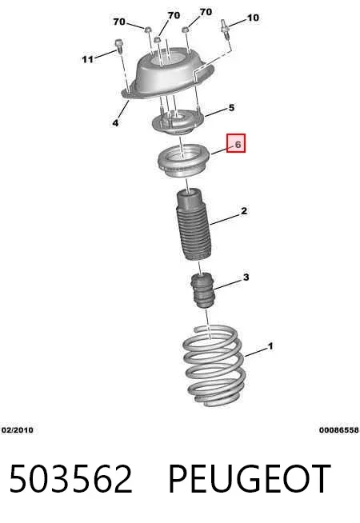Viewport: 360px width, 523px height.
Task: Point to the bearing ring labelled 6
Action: pos(183,161)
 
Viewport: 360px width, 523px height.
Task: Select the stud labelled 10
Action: pos(226,29)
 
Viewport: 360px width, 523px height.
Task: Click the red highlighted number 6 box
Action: pos(236,143)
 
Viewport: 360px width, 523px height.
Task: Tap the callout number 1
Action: pos(270,346)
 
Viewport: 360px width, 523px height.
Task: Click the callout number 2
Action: pos(244,211)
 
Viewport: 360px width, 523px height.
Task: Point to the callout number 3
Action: pos(246,277)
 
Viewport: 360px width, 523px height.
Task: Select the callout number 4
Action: pos(115,123)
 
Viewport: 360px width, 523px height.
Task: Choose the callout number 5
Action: pos(231,108)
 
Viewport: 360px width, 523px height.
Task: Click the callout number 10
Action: pos(253,18)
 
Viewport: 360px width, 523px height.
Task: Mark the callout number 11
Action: pos(87,59)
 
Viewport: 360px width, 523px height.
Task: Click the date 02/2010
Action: pos(18,430)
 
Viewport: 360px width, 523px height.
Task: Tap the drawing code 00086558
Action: pos(339,430)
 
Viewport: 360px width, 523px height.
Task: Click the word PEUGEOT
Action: pos(250,479)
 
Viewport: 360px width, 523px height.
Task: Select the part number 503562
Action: pos(70,479)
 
